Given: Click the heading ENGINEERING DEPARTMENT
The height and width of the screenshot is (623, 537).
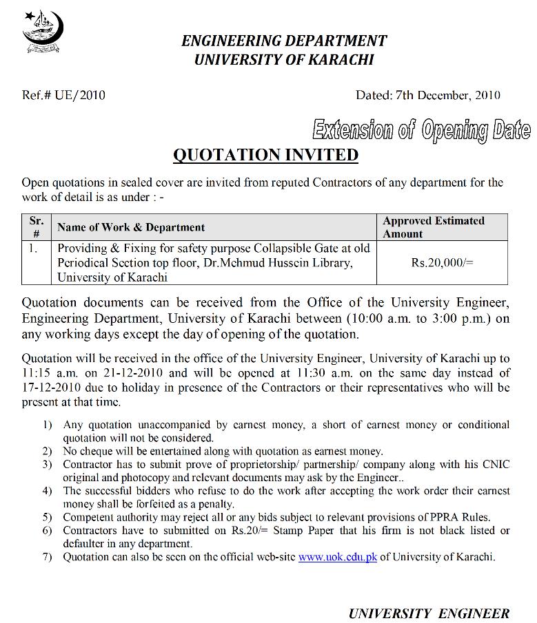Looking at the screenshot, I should (283, 41).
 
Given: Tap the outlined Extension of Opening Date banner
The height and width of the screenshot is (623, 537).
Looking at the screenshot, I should (421, 129).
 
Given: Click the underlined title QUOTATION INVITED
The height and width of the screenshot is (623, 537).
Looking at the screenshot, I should (265, 155).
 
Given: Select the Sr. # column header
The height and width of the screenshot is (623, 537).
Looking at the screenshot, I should (36, 226).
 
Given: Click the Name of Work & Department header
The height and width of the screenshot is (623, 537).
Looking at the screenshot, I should (131, 227).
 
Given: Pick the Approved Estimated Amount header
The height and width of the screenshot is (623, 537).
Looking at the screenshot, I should (434, 226).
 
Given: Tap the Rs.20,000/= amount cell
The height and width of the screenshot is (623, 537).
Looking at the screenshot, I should (442, 262).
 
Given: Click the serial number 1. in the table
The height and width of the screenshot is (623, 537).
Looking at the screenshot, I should (33, 248).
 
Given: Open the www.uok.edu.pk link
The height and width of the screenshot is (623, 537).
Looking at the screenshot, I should (337, 557).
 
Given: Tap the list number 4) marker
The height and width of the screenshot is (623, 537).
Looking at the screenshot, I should (47, 491).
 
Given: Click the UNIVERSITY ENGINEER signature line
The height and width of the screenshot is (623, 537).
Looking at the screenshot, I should (429, 613).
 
